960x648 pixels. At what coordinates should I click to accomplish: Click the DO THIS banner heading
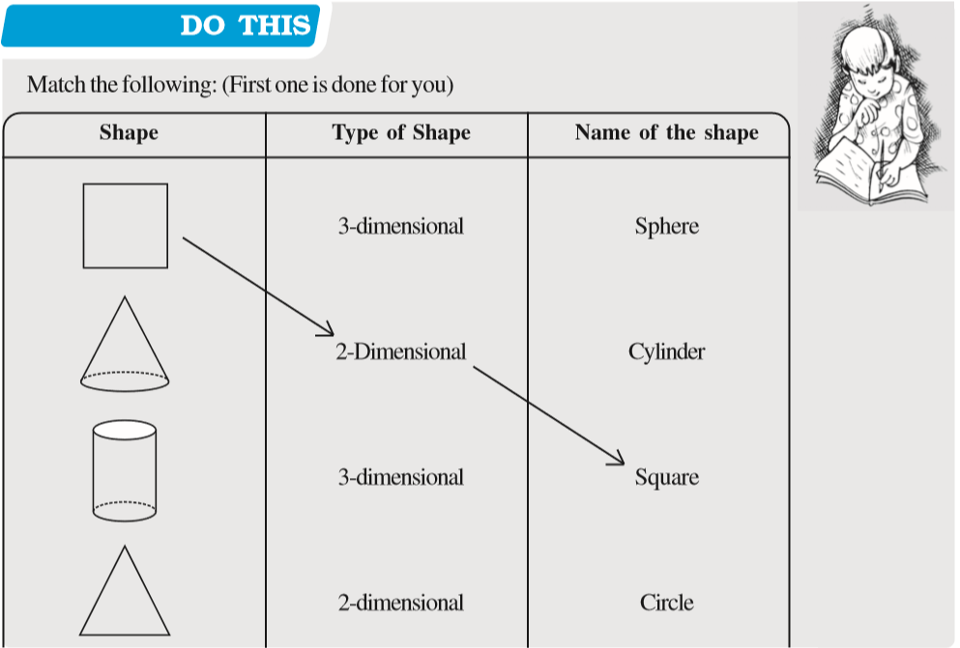pos(247,26)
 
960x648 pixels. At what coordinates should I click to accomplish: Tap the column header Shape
pos(129,133)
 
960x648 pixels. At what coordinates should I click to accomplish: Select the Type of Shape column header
pos(401,133)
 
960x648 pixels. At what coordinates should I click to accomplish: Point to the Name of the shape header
pos(666,133)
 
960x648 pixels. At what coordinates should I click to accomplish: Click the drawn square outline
pos(125,226)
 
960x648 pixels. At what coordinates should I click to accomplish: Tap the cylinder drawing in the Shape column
pos(124,470)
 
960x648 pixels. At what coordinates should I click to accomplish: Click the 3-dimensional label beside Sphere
pos(400,227)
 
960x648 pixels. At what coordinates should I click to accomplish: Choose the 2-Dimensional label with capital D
pos(400,352)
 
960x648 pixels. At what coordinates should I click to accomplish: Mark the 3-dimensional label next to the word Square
pos(400,477)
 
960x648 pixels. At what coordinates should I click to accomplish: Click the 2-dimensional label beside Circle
pos(400,604)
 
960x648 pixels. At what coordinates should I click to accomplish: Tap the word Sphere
pos(666,227)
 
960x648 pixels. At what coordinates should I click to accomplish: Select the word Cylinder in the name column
pos(666,352)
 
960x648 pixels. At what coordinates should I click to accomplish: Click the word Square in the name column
pos(666,477)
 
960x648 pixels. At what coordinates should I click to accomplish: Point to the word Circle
pos(666,604)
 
